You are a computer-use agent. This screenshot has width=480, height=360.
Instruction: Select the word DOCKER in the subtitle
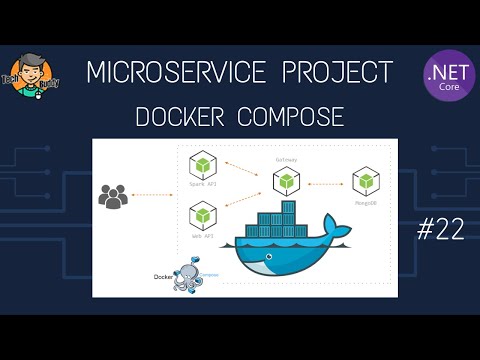click(180, 117)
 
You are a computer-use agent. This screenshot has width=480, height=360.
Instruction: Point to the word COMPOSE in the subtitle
click(291, 117)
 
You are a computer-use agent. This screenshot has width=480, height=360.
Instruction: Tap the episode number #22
click(439, 231)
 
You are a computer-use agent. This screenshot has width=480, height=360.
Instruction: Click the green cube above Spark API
click(204, 166)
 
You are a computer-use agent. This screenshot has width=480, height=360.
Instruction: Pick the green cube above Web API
click(204, 214)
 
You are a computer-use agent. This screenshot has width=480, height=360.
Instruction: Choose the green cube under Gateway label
click(287, 181)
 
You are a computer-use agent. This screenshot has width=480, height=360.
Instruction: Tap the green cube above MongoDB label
click(364, 181)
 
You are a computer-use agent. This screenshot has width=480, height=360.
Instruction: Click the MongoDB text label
click(364, 200)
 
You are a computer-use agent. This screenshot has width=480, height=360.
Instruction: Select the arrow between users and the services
click(155, 195)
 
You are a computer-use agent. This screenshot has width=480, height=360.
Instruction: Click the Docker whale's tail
click(340, 235)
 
